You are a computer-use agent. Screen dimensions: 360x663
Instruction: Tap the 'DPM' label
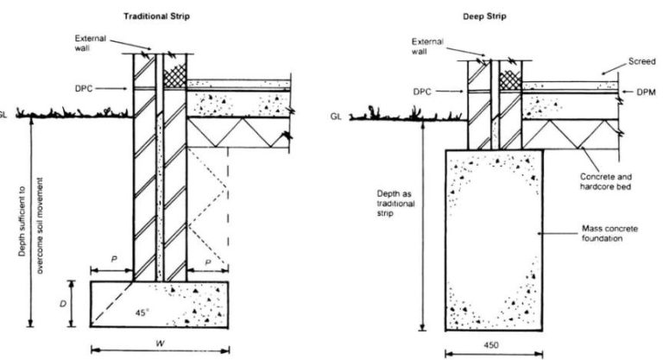[640, 90]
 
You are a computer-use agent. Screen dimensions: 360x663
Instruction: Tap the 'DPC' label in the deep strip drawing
[421, 90]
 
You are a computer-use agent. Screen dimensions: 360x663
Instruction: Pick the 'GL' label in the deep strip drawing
[336, 116]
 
